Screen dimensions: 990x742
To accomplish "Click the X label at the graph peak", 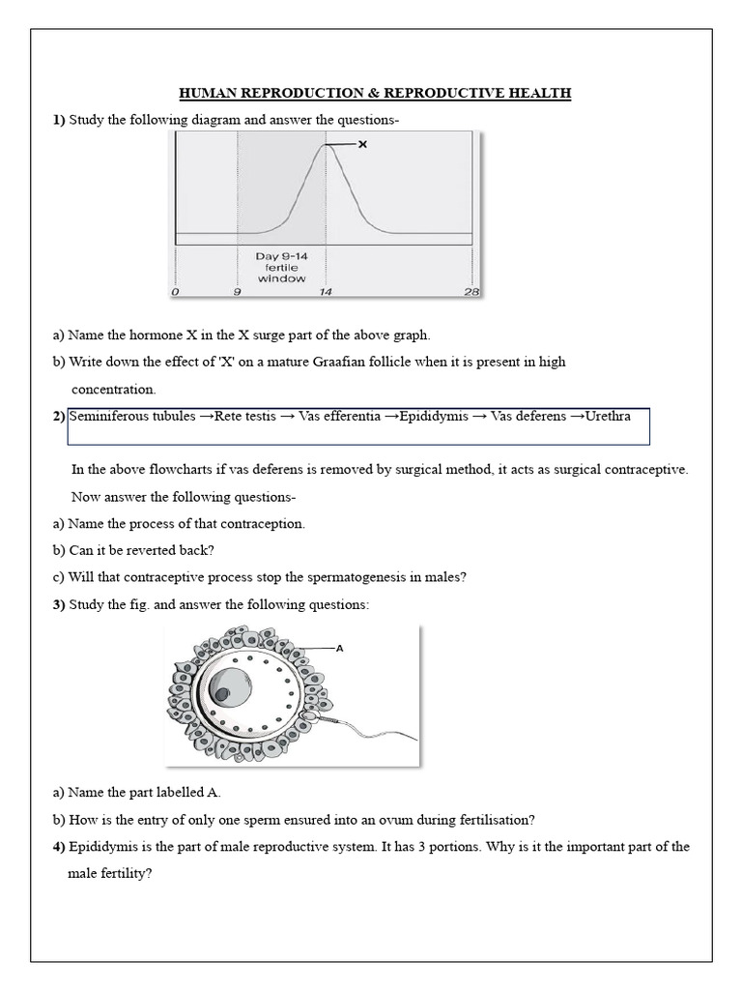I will click(363, 144).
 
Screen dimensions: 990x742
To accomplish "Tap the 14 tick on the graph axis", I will click(327, 291).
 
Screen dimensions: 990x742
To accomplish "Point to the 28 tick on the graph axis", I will click(471, 291).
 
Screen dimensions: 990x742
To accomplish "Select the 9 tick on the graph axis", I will click(238, 291).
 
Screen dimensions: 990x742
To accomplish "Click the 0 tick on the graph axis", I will click(175, 291).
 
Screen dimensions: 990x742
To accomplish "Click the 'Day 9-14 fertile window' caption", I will click(281, 267).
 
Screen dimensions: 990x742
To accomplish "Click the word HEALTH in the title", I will click(537, 93).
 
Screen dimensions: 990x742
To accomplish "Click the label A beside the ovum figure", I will click(339, 649).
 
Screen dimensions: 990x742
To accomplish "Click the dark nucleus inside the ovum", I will click(222, 694).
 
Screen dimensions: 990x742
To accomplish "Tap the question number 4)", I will click(59, 846).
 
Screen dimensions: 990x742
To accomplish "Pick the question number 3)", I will click(59, 604).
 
